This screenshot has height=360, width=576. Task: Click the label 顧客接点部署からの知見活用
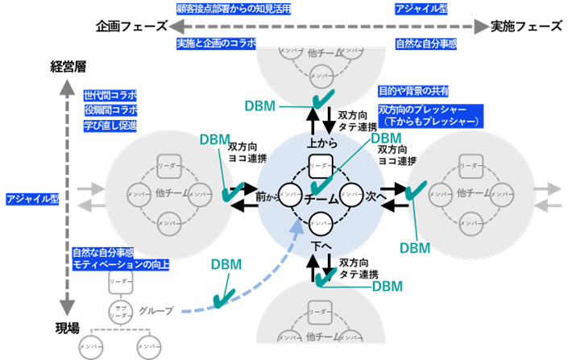pyautogui.click(x=234, y=9)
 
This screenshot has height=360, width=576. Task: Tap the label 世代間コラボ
pyautogui.click(x=110, y=94)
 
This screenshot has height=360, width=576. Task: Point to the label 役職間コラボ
pyautogui.click(x=111, y=110)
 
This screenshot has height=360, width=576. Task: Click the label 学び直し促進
pyautogui.click(x=110, y=125)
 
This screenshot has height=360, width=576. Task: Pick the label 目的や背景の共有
pyautogui.click(x=413, y=91)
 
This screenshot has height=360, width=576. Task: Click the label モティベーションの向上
pyautogui.click(x=121, y=264)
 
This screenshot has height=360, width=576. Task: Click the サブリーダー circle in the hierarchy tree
pyautogui.click(x=120, y=312)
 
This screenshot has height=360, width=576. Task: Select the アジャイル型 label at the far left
pyautogui.click(x=31, y=198)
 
